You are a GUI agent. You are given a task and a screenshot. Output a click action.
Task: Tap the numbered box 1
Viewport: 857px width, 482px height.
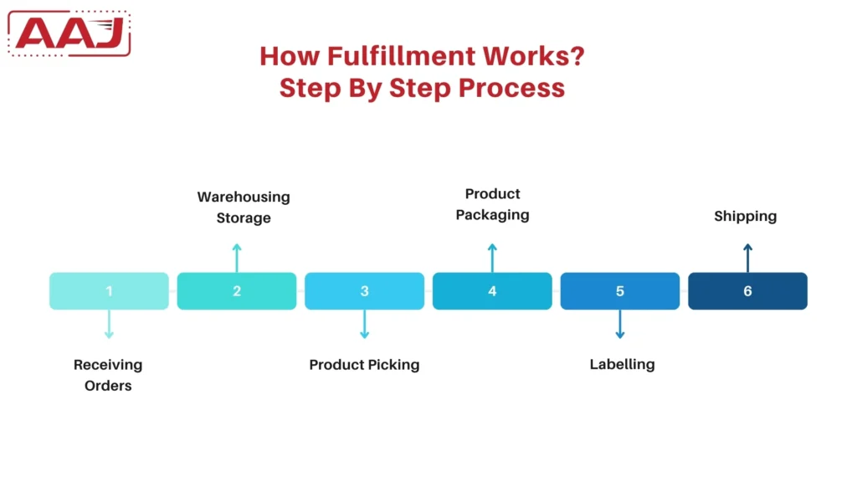click(109, 291)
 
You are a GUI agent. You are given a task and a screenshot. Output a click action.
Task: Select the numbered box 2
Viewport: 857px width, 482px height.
click(237, 291)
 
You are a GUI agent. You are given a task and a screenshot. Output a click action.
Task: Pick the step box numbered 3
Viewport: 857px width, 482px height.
click(365, 291)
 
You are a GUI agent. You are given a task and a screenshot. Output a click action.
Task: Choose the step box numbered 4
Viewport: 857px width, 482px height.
click(492, 291)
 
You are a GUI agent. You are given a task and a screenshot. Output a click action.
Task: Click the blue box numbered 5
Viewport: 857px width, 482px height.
click(620, 291)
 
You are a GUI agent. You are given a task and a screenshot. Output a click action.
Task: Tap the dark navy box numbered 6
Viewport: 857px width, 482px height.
click(747, 291)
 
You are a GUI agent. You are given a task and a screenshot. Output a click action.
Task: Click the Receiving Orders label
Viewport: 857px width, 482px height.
click(108, 375)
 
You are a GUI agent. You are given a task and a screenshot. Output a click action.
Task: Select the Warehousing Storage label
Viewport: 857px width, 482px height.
click(244, 208)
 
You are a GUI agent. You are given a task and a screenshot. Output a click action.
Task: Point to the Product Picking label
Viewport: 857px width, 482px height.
click(364, 365)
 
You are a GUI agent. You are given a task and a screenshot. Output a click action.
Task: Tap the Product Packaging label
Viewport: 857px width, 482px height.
click(492, 204)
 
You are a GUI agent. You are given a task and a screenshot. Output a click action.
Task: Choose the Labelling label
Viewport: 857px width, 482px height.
click(622, 364)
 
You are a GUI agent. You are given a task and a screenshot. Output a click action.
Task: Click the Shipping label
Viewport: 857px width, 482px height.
click(745, 216)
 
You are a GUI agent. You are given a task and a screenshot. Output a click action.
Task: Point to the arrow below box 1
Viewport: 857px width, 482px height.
click(109, 325)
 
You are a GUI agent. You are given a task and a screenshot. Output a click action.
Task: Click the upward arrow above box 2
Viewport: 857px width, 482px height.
click(237, 257)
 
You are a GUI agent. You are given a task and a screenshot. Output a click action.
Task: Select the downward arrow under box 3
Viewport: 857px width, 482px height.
click(365, 325)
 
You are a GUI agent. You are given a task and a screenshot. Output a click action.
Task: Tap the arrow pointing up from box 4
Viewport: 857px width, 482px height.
click(492, 257)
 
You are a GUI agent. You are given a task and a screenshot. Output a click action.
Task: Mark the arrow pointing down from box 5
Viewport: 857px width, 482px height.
click(620, 325)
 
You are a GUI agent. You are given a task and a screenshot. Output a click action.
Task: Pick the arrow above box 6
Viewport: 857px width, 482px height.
click(747, 257)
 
